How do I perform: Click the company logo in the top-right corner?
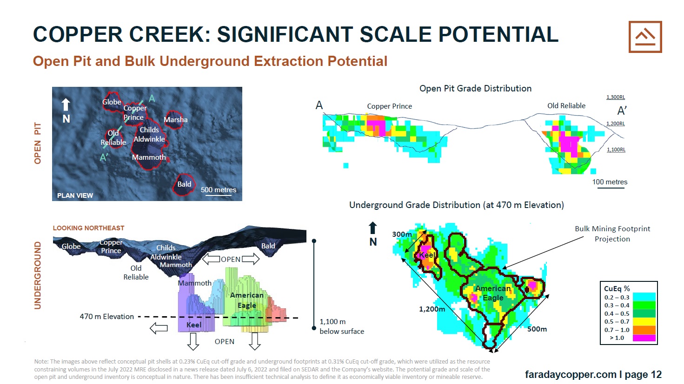645,37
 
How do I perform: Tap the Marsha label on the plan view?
176,119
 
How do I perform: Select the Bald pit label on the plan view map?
184,184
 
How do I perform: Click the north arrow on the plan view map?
66,104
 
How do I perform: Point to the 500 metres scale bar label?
219,190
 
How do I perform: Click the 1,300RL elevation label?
616,98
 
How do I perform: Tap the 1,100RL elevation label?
616,150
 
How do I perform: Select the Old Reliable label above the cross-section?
566,106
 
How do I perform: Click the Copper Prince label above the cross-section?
389,106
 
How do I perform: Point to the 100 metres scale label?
610,182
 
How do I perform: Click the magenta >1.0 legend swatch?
644,338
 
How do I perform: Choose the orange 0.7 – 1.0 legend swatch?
644,330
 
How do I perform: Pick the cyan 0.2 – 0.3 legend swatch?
644,297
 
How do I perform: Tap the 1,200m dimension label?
432,309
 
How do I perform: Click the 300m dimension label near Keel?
402,234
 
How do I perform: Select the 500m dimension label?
537,329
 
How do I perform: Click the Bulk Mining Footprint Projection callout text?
612,234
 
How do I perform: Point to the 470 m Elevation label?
106,317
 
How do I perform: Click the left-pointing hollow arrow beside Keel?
159,328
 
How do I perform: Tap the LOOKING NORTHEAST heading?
88,228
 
